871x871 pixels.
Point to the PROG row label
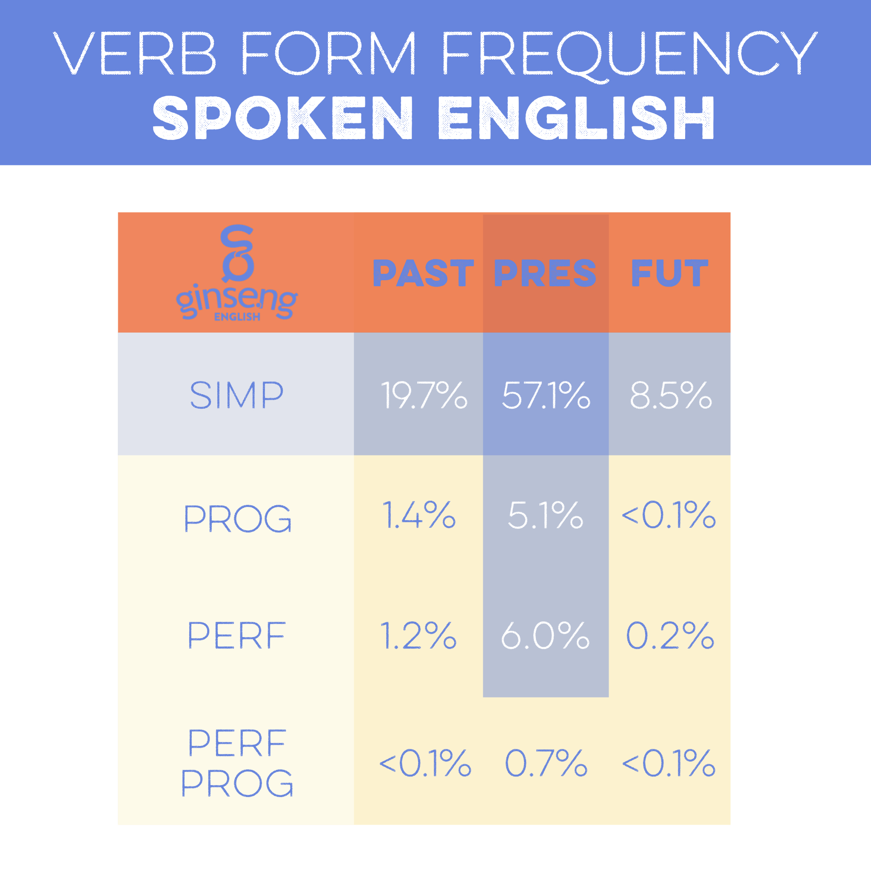pyautogui.click(x=238, y=518)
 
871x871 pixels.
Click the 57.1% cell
pyautogui.click(x=546, y=395)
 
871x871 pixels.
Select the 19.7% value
pyautogui.click(x=424, y=395)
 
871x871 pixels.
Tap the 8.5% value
pyautogui.click(x=670, y=395)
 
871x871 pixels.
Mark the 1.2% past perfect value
pyautogui.click(x=418, y=635)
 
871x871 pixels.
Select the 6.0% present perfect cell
pyautogui.click(x=545, y=635)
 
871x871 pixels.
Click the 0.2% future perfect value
pyautogui.click(x=670, y=635)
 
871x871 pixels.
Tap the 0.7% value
pyautogui.click(x=546, y=763)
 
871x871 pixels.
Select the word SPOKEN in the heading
pyautogui.click(x=283, y=118)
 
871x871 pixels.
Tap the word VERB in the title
pyautogui.click(x=134, y=53)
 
